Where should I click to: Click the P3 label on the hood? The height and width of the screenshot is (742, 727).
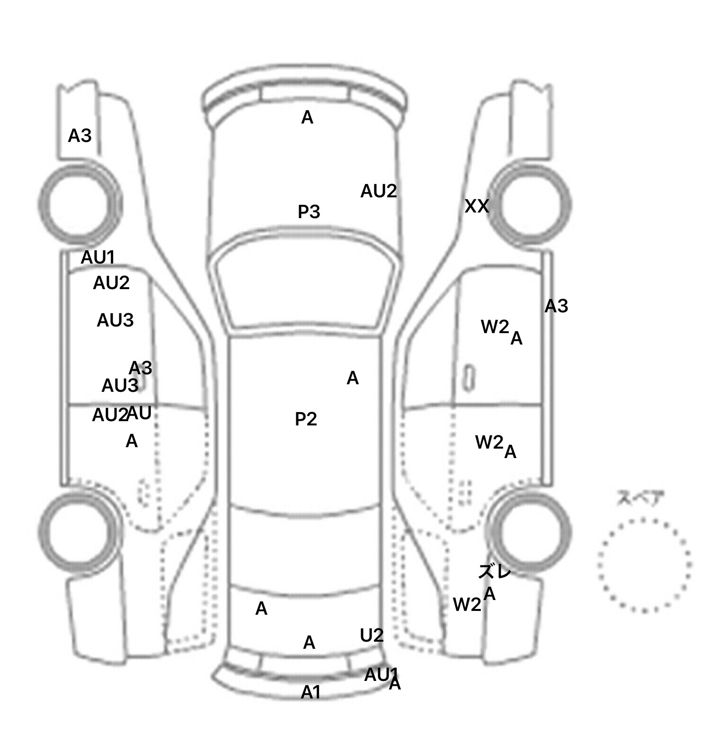[309, 212]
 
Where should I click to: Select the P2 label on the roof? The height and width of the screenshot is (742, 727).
[306, 419]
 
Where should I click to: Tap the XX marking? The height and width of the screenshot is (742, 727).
[477, 206]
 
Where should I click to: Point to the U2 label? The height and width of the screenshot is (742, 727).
[372, 636]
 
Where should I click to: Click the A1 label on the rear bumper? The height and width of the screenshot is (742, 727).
[311, 692]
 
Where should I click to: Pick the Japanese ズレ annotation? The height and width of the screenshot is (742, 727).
[495, 572]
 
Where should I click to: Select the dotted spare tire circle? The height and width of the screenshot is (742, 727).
[644, 565]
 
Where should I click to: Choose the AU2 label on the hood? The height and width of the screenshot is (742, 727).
[378, 191]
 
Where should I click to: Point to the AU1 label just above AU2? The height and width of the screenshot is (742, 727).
[98, 257]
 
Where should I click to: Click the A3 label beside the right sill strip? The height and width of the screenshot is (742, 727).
[556, 306]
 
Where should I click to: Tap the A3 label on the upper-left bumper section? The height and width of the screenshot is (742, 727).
[80, 136]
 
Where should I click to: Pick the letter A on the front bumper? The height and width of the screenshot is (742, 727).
[307, 117]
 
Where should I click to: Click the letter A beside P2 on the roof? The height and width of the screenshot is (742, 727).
[353, 378]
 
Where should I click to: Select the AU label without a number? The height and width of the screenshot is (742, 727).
[140, 413]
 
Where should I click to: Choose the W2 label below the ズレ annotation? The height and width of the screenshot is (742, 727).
[467, 604]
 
